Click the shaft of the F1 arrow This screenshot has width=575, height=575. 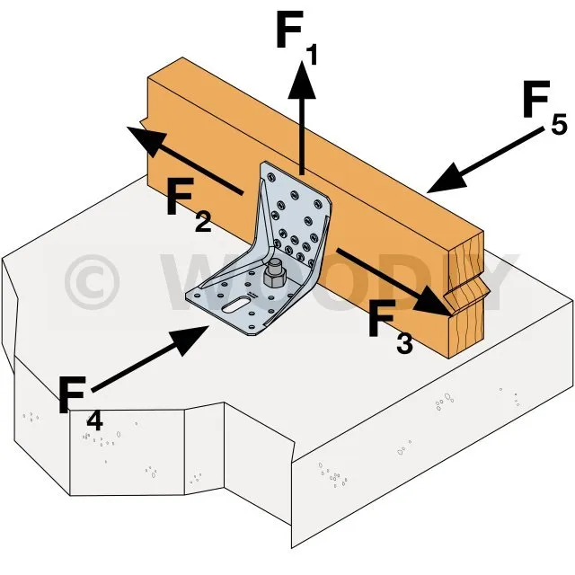point(302,135)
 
